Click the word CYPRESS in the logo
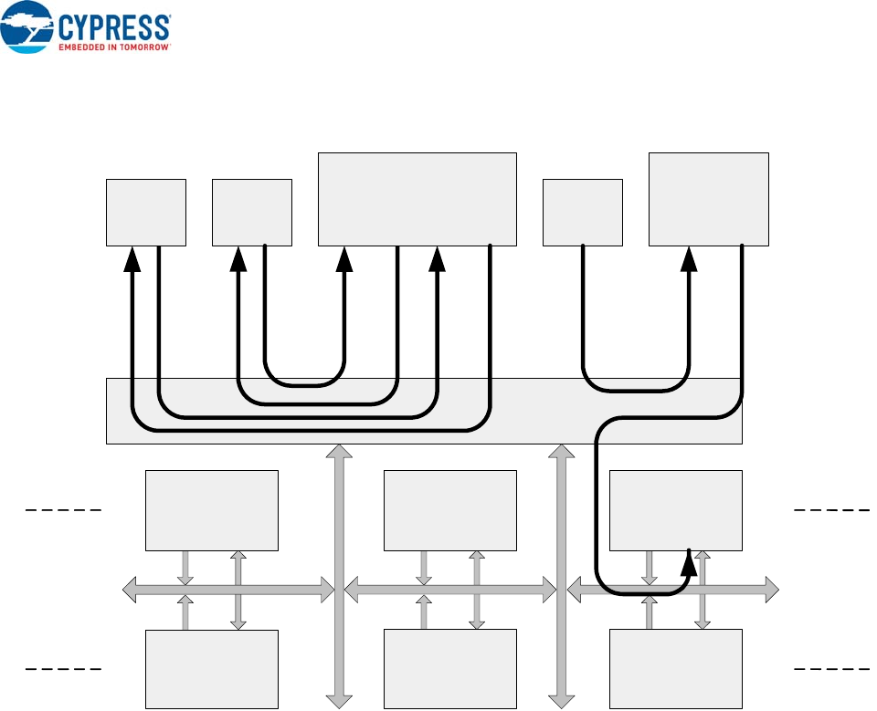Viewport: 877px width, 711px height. tap(113, 26)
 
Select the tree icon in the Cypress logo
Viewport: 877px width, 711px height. tap(26, 26)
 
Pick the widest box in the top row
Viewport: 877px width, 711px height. tap(417, 199)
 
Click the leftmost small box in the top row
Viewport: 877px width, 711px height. tap(146, 212)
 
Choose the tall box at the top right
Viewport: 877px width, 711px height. tap(708, 199)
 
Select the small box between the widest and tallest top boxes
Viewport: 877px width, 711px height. tap(582, 212)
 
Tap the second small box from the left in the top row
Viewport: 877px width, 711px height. tap(251, 212)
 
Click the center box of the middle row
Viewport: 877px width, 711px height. tap(450, 510)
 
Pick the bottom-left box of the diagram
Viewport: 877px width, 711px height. tap(212, 669)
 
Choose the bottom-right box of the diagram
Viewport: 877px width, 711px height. tap(675, 669)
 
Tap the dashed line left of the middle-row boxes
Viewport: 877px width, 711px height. tap(61, 508)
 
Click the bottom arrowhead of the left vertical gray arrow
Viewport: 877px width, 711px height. tap(340, 700)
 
